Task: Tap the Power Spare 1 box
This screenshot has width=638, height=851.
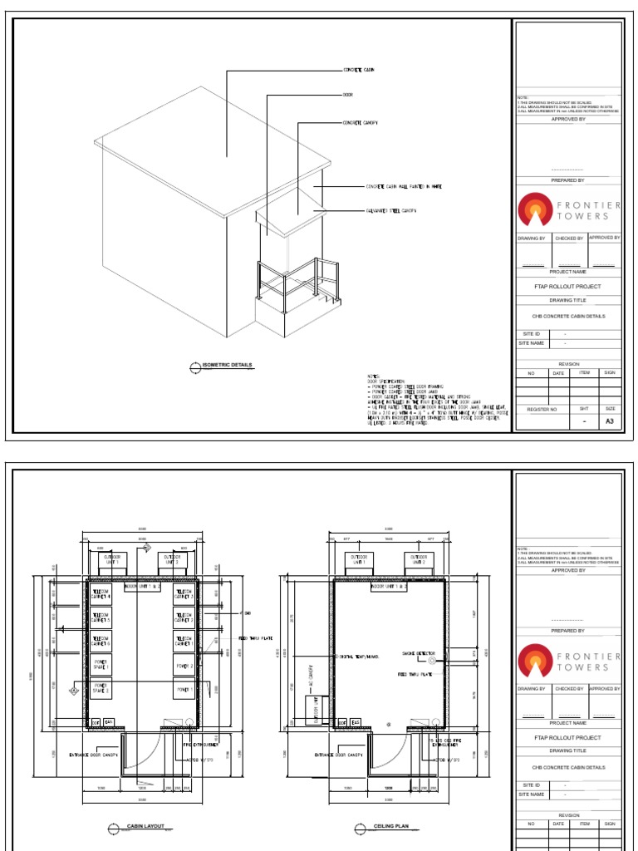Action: click(x=100, y=663)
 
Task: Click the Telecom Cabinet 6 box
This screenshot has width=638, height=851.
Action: click(x=100, y=640)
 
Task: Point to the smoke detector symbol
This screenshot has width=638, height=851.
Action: click(x=432, y=661)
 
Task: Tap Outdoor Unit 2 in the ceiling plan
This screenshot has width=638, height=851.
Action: click(x=419, y=559)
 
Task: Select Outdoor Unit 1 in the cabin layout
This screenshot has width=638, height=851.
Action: click(x=111, y=559)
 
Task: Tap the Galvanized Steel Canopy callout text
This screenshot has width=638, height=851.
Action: click(x=390, y=211)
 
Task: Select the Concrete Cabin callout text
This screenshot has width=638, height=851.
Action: click(x=359, y=70)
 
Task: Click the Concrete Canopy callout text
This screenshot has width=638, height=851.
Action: click(x=361, y=123)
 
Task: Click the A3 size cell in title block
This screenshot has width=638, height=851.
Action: click(x=610, y=421)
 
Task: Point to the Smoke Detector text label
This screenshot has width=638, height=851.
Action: click(x=420, y=652)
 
